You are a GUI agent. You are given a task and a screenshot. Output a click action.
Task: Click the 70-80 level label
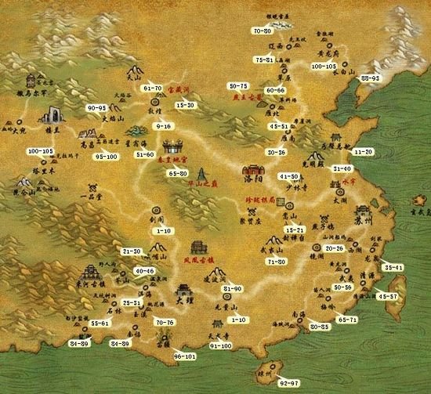coord(263,30)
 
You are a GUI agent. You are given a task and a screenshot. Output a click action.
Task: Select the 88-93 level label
coord(370,78)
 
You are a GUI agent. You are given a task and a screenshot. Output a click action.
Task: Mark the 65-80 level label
coord(178,172)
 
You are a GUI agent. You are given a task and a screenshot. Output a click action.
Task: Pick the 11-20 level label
coord(364,150)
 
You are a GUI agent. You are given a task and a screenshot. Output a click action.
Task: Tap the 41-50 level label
coord(289,177)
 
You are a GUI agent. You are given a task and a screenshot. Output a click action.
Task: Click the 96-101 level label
coord(185,356)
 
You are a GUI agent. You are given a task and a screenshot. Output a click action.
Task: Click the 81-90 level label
coord(233,289)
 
